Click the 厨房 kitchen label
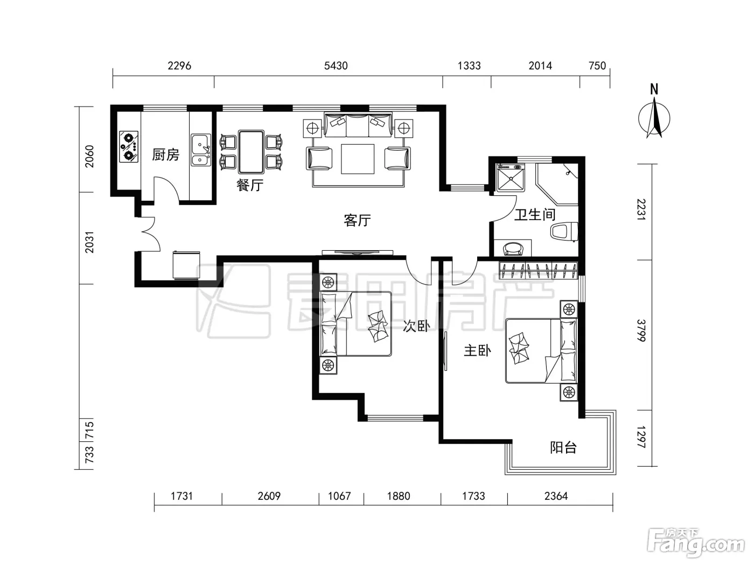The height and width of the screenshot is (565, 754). [x=165, y=155]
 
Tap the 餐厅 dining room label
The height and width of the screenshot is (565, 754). [x=250, y=185]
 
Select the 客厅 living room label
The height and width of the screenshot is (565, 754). [x=357, y=220]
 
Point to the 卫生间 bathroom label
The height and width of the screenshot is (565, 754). [x=535, y=215]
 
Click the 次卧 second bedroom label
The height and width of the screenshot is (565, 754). [x=416, y=326]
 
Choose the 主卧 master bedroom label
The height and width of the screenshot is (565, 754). [x=477, y=351]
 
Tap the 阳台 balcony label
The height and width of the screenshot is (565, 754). [x=563, y=447]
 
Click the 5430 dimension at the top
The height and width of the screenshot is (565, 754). [x=336, y=66]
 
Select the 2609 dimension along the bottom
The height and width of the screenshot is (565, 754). [x=269, y=496]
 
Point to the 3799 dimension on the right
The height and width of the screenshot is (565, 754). [x=641, y=330]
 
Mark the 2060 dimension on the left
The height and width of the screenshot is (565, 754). [x=89, y=157]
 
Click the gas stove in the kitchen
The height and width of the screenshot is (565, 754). [x=129, y=146]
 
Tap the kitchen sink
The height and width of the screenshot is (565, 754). [x=201, y=150]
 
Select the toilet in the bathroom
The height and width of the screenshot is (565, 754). [x=564, y=232]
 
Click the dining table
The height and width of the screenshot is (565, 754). [x=251, y=152]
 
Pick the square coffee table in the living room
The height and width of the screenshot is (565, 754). [x=357, y=159]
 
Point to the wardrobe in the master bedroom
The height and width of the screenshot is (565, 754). [x=538, y=271]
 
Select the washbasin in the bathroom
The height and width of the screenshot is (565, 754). [x=513, y=248]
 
